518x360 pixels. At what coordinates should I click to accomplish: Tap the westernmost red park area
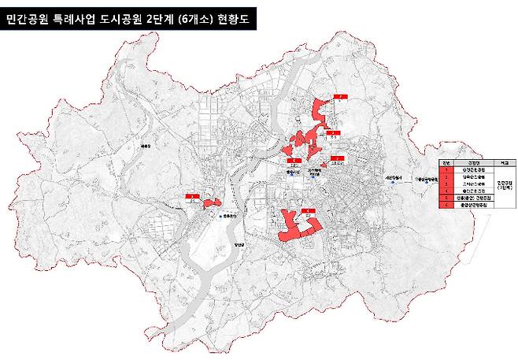pyautogui.click(x=210, y=203)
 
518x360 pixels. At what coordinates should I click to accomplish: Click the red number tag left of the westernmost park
pyautogui.click(x=191, y=196)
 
